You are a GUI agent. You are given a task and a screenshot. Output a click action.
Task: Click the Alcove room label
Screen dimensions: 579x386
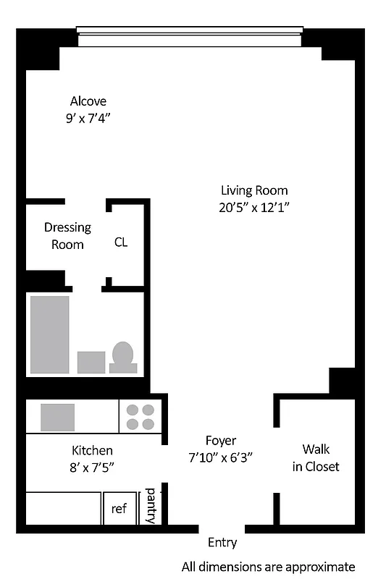point(88,101)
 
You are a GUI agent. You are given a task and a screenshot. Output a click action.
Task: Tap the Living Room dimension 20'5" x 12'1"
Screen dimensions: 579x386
point(254,207)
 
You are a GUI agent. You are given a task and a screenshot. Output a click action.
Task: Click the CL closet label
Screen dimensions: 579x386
point(121,242)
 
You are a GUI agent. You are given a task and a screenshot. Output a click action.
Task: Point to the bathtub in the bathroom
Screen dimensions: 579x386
point(49,334)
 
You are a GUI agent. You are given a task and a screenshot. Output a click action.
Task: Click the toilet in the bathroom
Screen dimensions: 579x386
point(123,357)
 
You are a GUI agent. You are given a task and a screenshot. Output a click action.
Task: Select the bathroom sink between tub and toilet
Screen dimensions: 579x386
point(91,361)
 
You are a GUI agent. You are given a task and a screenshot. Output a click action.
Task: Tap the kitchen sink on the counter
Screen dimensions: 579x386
point(57,418)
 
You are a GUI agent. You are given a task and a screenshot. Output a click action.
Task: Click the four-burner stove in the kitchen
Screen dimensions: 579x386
point(140,417)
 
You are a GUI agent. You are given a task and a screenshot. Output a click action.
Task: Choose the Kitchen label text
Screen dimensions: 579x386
point(92,450)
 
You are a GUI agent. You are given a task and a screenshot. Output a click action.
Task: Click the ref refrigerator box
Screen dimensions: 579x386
point(119,509)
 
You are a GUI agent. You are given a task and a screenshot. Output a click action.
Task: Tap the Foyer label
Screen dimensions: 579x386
point(221,441)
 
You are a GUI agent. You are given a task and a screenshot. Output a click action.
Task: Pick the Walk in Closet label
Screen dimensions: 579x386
point(316,458)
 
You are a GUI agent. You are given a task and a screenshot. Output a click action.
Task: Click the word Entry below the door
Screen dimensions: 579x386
point(222,542)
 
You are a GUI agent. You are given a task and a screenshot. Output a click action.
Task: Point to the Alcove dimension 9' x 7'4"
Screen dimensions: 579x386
point(88,117)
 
